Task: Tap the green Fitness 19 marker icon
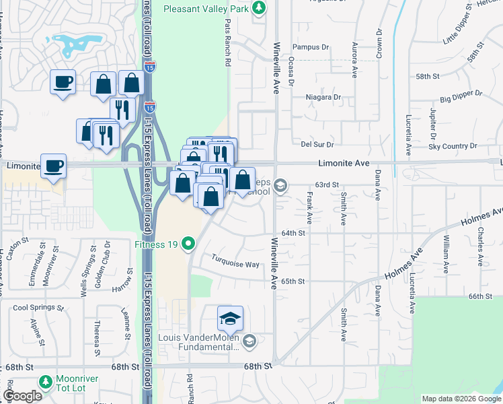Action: click(190, 244)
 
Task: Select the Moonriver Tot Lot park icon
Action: click(46, 382)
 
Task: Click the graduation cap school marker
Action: click(230, 318)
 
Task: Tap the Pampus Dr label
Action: click(311, 47)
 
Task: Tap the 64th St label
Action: click(293, 232)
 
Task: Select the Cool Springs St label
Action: click(38, 308)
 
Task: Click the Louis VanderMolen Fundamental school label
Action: click(200, 342)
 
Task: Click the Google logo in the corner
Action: click(22, 396)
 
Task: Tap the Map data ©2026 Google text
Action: click(461, 399)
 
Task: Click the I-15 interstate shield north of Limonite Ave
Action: click(149, 107)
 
